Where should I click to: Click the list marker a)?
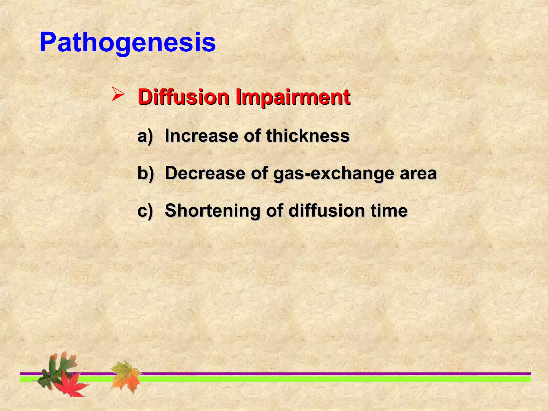145,136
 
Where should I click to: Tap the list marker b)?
145,173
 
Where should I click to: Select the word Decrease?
205,173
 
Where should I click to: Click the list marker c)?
145,211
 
